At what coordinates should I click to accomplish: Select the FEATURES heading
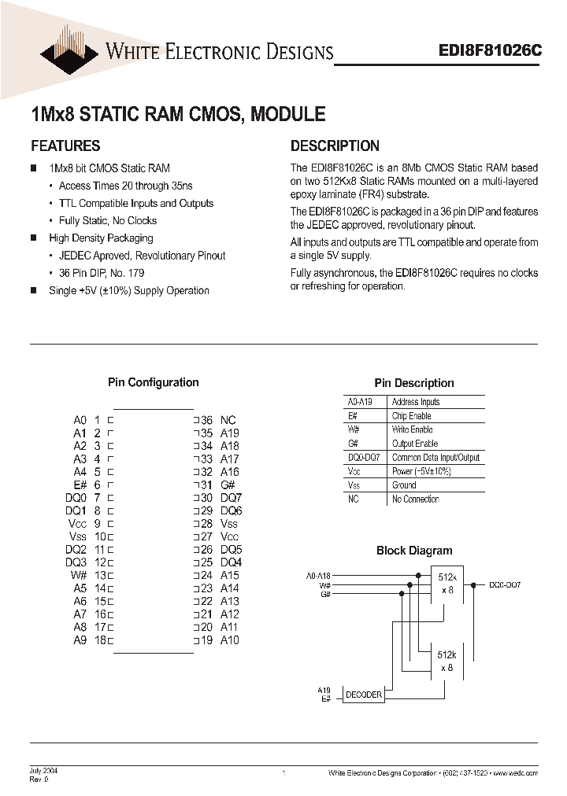tap(65, 146)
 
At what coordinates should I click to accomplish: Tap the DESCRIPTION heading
tap(335, 146)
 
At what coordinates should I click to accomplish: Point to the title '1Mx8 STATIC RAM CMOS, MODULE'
tap(177, 114)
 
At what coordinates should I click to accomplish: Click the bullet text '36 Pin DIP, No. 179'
tap(102, 273)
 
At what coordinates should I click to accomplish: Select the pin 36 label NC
tap(228, 421)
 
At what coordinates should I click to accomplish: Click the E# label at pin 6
tap(80, 485)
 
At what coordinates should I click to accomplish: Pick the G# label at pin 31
tap(228, 485)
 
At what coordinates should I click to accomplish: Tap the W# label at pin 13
tap(79, 575)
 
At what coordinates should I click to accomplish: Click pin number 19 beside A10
tap(206, 640)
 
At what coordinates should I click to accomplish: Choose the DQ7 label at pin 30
tap(231, 498)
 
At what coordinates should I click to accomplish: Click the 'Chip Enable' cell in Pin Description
tap(411, 415)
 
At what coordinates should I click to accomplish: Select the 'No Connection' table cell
tap(415, 499)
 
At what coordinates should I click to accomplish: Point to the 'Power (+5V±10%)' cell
tap(421, 471)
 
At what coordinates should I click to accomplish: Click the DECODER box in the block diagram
tap(364, 695)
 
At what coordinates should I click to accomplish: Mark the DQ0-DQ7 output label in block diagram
tap(505, 585)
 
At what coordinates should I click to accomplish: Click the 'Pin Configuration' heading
tap(153, 382)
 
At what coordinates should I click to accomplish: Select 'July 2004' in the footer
tap(43, 771)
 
